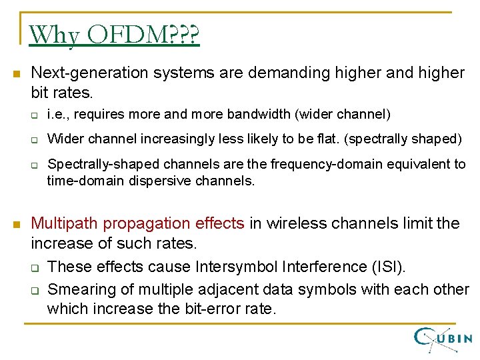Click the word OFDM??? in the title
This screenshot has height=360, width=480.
(x=142, y=35)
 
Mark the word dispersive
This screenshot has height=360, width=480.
(x=154, y=180)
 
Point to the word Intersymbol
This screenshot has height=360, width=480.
(x=236, y=267)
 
